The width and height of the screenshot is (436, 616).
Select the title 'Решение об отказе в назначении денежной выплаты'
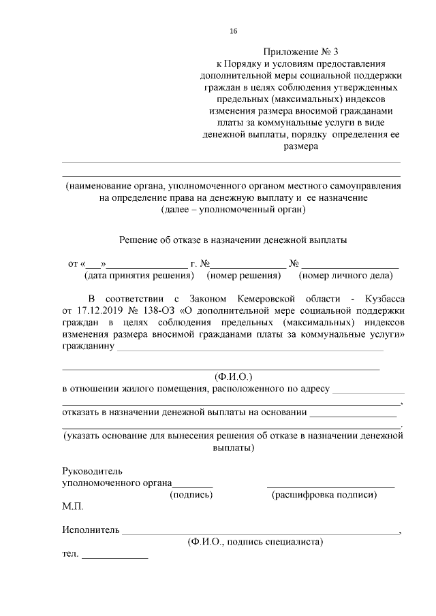(x=233, y=240)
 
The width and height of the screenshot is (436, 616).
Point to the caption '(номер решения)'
(x=244, y=276)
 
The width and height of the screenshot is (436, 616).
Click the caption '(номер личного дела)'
(x=345, y=276)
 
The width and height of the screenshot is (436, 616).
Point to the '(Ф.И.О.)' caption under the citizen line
(x=234, y=376)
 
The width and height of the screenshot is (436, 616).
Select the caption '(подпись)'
(x=191, y=495)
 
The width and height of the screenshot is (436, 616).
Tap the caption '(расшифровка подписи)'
(x=324, y=495)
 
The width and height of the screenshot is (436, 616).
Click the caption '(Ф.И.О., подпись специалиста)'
(x=255, y=542)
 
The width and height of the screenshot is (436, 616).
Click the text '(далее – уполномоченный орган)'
(x=233, y=210)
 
